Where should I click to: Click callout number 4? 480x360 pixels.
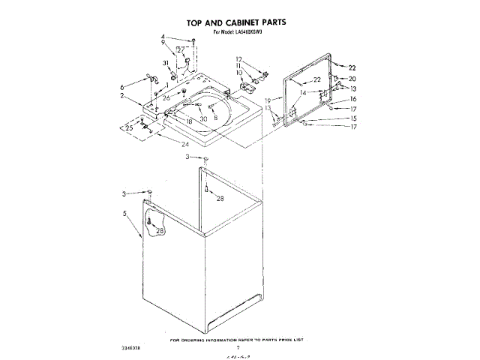[x=162, y=37]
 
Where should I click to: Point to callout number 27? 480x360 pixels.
[x=181, y=51]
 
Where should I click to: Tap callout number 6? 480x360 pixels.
[x=121, y=87]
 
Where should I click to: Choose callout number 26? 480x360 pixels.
[x=166, y=97]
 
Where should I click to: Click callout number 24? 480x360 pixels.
[x=185, y=143]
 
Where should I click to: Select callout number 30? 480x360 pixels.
[x=202, y=118]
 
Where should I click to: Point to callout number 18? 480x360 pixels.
[x=190, y=121]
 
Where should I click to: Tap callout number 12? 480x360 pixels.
[x=238, y=58]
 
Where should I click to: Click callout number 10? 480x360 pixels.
[x=238, y=73]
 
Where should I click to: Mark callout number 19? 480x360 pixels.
[x=267, y=100]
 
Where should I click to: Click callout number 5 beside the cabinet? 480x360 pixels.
[x=124, y=214]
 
